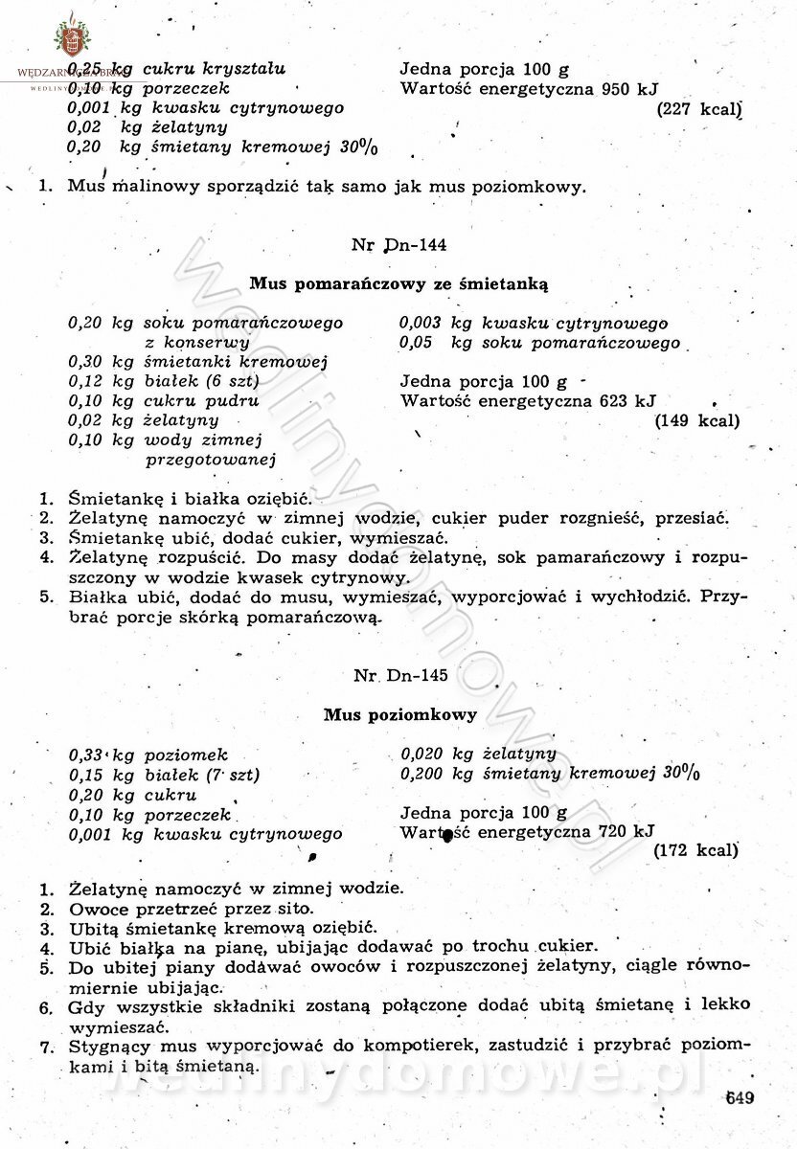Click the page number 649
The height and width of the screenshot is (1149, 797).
point(740,1097)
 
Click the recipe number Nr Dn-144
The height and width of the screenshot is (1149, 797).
point(398,244)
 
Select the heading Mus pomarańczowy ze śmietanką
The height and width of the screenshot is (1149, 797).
point(398,283)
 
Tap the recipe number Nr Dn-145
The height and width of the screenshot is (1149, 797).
point(400,675)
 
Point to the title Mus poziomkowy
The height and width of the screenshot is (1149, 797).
point(399,714)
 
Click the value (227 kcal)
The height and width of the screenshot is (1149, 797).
point(699,109)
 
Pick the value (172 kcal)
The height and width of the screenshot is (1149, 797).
point(695,849)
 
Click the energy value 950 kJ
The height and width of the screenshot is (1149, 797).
point(630,90)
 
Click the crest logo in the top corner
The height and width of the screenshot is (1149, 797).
point(68,38)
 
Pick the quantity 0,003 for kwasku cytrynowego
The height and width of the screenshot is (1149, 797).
point(421,324)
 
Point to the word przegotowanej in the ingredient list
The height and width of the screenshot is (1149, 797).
point(211,460)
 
